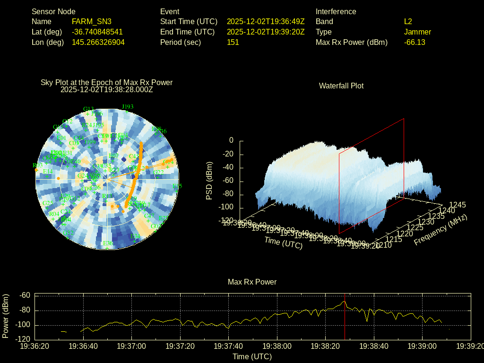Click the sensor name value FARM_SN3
pos(91,21)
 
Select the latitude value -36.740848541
pos(97,32)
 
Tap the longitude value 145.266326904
pos(98,42)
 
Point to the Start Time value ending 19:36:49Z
pos(266,21)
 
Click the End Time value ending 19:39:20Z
pos(266,32)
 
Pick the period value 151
pos(233,42)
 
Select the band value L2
pos(408,21)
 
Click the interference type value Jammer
pos(417,32)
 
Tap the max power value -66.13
pos(415,42)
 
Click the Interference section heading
pos(336,11)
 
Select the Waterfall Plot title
pos(341,86)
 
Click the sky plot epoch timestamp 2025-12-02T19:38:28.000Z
pos(107,89)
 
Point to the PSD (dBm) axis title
pos(209,181)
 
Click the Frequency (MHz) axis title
pos(440,230)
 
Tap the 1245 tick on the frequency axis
pos(458,205)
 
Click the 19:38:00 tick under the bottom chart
pos(277,346)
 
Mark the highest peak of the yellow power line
pos(345,301)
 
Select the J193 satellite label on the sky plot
pos(128,107)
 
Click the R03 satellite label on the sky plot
pos(37,165)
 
